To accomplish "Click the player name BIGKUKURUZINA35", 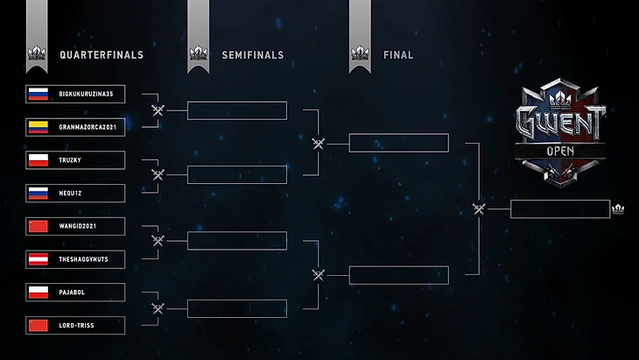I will click(85, 94).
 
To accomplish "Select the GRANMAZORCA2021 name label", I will click(87, 127).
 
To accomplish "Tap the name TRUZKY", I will click(72, 160).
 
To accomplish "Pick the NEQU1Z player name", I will click(72, 194).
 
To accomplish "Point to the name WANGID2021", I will click(79, 227).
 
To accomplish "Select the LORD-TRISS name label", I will click(77, 326).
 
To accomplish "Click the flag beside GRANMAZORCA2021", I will click(38, 127).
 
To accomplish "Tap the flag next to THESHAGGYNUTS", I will click(38, 260).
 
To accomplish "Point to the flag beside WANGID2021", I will click(38, 227).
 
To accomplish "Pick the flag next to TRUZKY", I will click(38, 160).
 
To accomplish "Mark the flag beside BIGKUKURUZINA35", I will click(38, 94).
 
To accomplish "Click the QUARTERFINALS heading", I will click(101, 55).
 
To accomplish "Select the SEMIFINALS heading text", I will click(252, 55).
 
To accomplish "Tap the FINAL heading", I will click(398, 55).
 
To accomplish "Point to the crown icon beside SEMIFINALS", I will click(198, 54).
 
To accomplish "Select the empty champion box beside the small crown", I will click(559, 208).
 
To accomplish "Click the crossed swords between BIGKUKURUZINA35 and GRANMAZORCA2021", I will click(158, 110).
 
